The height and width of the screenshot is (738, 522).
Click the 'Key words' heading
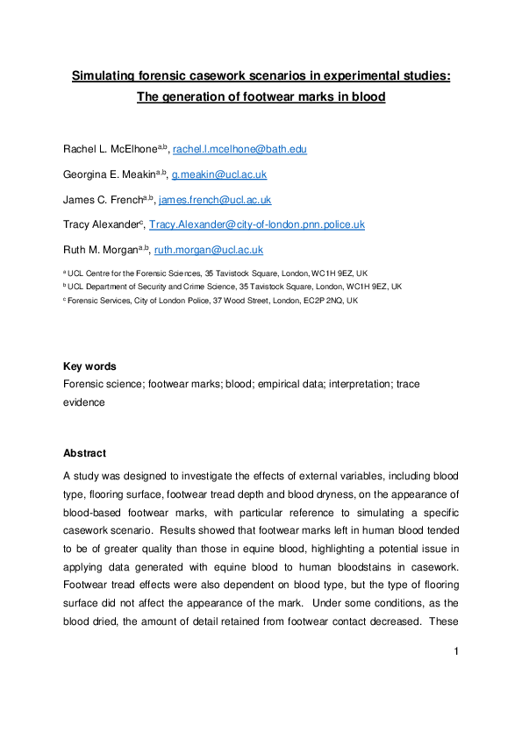90,366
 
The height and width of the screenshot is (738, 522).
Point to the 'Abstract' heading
84,453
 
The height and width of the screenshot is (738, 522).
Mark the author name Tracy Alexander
102,225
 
